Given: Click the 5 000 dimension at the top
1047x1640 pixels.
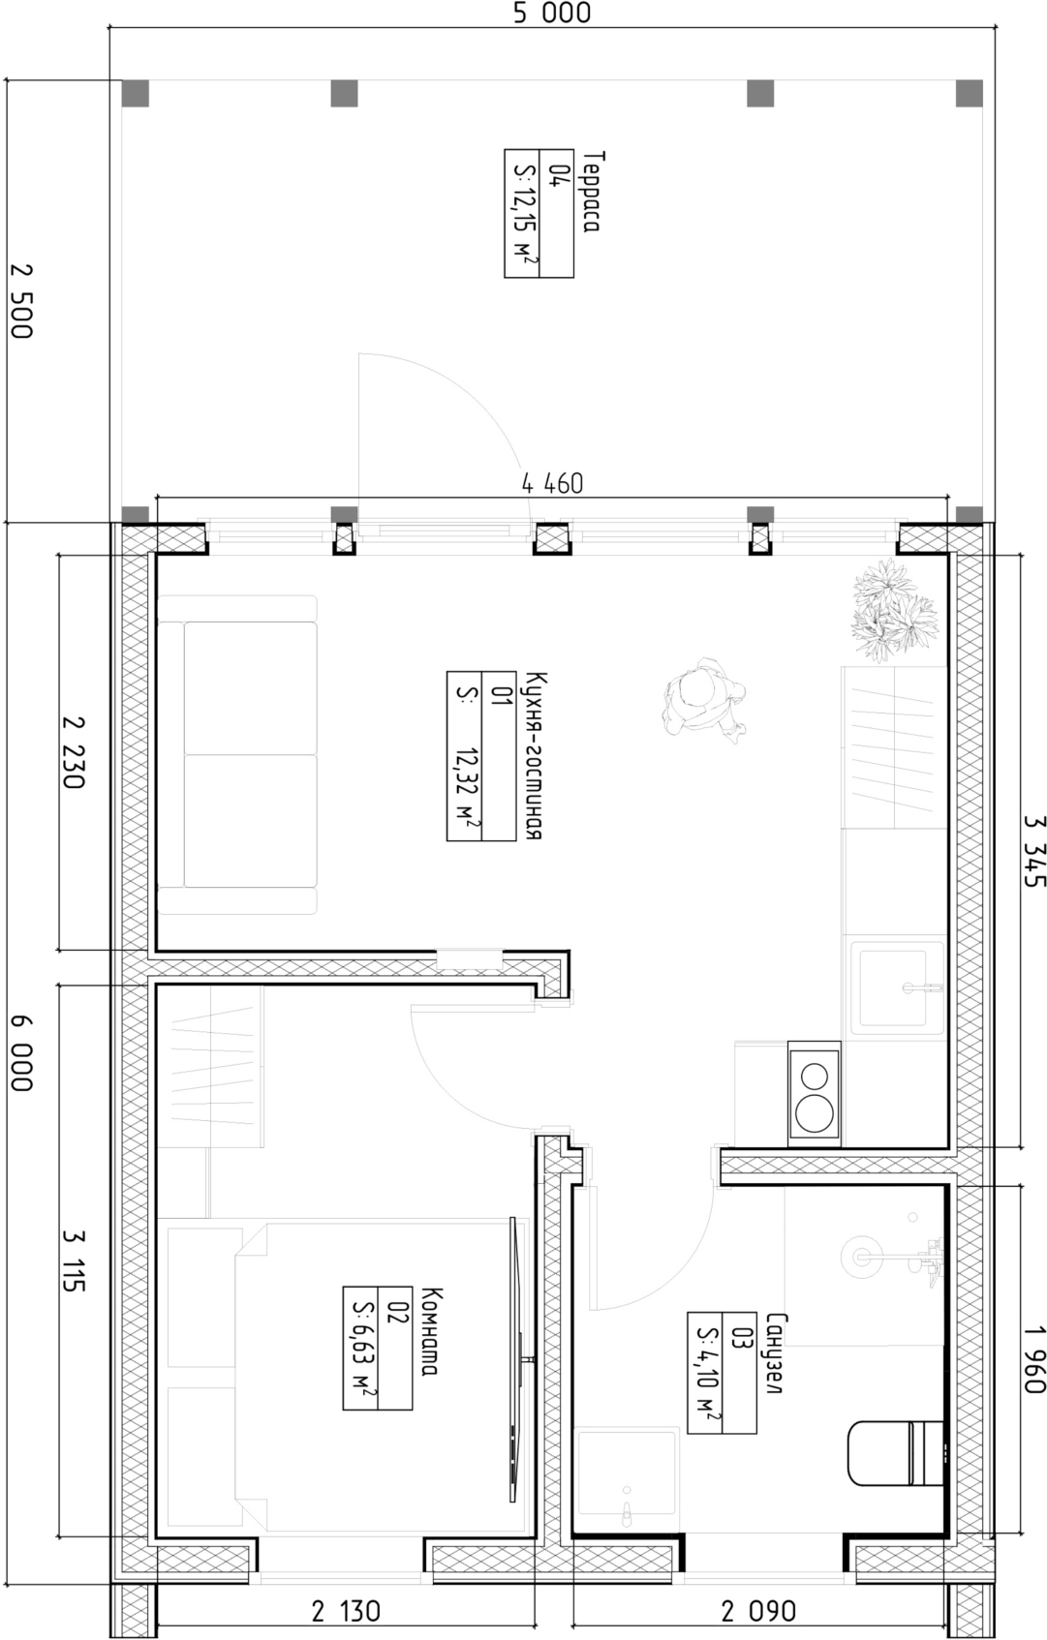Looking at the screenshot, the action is coord(551,14).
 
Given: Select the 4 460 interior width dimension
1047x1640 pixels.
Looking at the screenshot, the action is coord(552,483).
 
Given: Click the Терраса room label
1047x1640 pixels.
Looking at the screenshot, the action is coord(592,191).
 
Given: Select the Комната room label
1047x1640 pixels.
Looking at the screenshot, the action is coord(431,1332).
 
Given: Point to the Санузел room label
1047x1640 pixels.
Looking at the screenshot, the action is coord(775,1353).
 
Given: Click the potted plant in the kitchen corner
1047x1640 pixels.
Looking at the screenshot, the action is coord(894,610).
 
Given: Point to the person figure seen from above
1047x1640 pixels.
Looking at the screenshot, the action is coord(704,697).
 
